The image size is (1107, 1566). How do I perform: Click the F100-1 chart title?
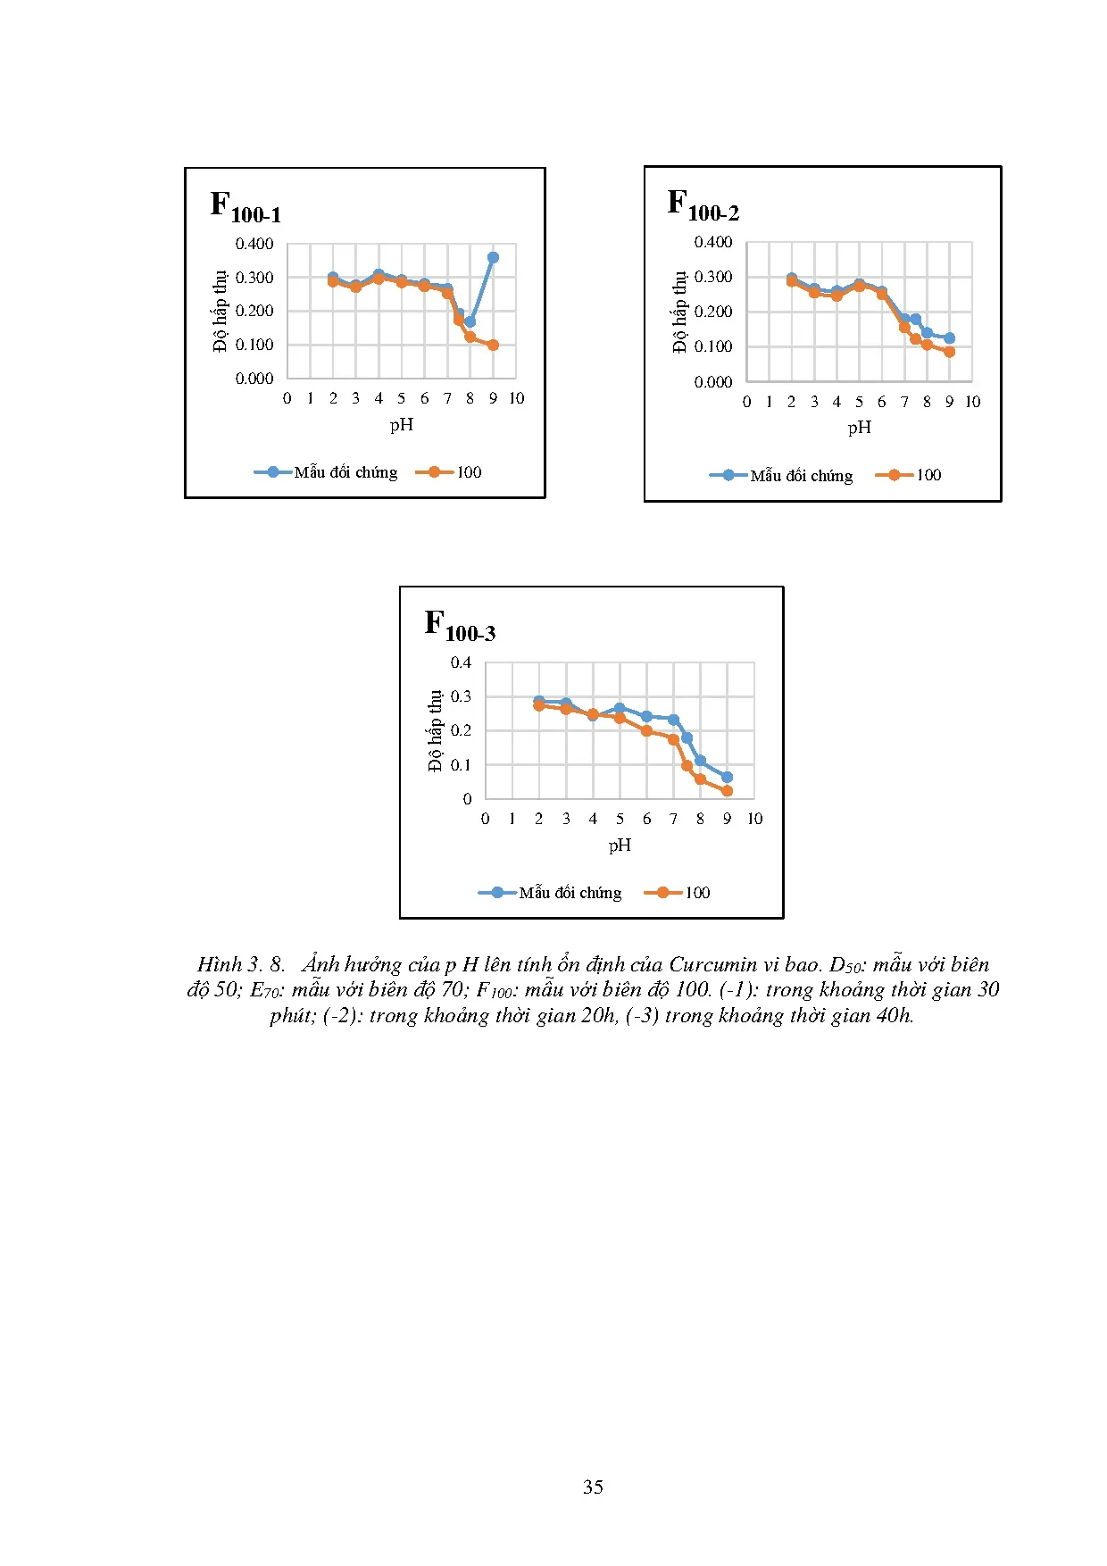click(246, 207)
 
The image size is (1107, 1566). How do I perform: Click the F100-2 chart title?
click(703, 205)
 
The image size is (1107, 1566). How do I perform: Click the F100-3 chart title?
click(460, 625)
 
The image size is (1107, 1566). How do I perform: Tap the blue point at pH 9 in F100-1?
click(493, 257)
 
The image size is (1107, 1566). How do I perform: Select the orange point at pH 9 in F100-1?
click(493, 345)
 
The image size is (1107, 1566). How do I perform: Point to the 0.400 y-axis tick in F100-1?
click(254, 244)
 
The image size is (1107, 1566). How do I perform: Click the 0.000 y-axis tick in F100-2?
click(713, 382)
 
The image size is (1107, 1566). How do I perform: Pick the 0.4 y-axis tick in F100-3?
click(461, 662)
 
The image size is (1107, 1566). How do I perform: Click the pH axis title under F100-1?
click(402, 425)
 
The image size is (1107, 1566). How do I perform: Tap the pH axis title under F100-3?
click(620, 845)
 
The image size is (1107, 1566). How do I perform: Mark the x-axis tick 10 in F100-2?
click(972, 402)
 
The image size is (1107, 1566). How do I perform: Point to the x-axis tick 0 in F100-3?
click(485, 819)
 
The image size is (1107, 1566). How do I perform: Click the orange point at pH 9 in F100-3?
click(727, 791)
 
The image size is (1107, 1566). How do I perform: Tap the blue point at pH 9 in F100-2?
click(949, 338)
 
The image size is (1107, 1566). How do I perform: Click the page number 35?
click(593, 1487)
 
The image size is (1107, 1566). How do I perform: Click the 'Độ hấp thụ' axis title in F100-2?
click(680, 312)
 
